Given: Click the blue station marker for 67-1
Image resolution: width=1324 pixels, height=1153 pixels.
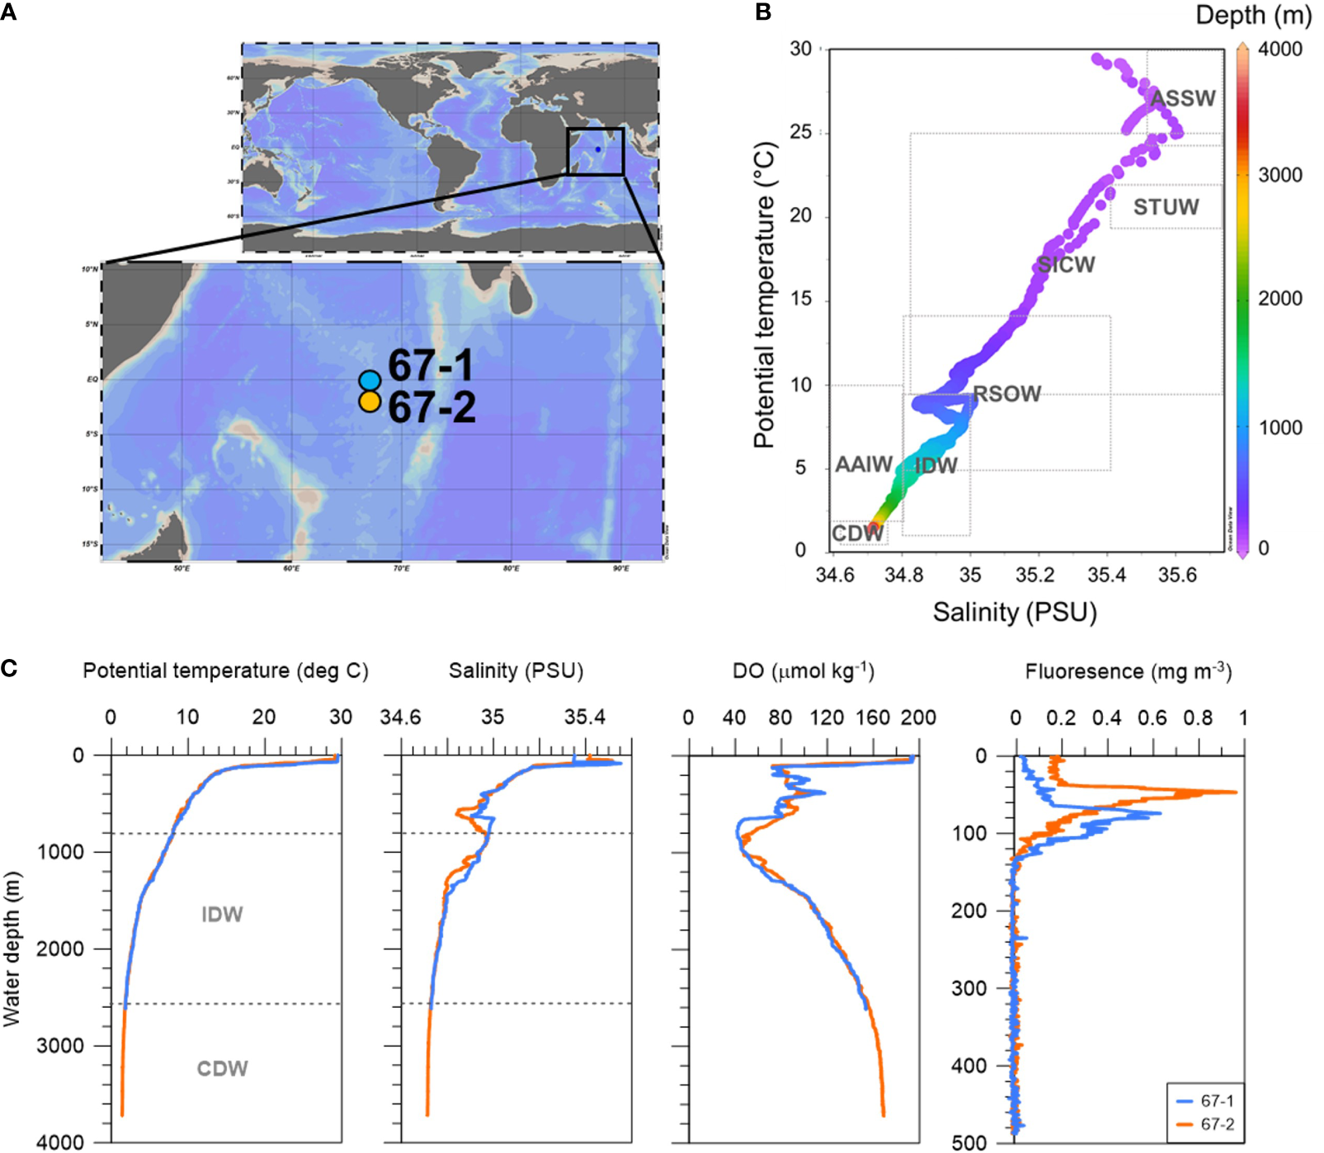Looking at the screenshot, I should click(370, 380).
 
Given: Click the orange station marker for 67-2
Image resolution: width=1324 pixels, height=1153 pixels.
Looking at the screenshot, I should click(370, 402).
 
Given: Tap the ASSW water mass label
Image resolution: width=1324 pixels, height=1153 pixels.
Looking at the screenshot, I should click(1183, 99).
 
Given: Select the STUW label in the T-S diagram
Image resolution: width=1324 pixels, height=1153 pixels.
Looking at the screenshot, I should click(1166, 207).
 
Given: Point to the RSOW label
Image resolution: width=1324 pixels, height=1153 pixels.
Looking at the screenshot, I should click(1006, 394).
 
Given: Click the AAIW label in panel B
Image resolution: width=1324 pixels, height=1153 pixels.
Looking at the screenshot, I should click(864, 464).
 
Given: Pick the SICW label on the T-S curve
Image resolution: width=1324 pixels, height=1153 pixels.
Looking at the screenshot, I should click(1066, 265).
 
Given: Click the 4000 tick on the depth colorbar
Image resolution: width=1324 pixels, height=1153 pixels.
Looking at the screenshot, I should click(1279, 49).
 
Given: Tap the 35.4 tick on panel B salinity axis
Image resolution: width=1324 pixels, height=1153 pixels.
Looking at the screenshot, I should click(1106, 575).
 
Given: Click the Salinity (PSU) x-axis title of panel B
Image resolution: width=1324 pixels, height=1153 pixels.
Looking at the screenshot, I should click(1015, 612).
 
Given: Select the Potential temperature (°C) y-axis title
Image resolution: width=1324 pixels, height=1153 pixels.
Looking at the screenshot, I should click(765, 295).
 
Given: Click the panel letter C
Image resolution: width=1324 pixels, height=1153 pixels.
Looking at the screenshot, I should click(9, 667).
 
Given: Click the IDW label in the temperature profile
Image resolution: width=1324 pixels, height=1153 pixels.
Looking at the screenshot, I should click(222, 914).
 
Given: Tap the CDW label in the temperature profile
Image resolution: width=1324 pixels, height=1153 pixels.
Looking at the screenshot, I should click(222, 1068).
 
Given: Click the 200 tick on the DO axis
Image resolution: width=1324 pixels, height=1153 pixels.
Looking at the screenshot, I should click(918, 718).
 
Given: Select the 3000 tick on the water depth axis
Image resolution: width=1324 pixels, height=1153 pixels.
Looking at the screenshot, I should click(60, 1046).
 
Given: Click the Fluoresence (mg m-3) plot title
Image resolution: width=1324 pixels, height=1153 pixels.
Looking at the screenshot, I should click(1128, 671).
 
